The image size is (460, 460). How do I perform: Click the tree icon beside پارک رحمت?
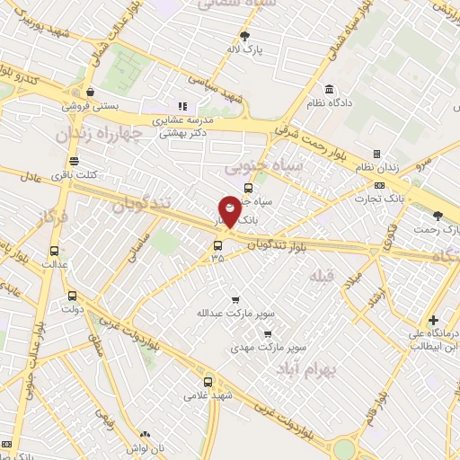pos(438,215)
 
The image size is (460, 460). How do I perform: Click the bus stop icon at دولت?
pos(73,295)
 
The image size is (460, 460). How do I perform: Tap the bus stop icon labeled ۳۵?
pos(217,244)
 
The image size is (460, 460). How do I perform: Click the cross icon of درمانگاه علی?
pos(433,320)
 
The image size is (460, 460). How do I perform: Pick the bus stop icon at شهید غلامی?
pos(208,381)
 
